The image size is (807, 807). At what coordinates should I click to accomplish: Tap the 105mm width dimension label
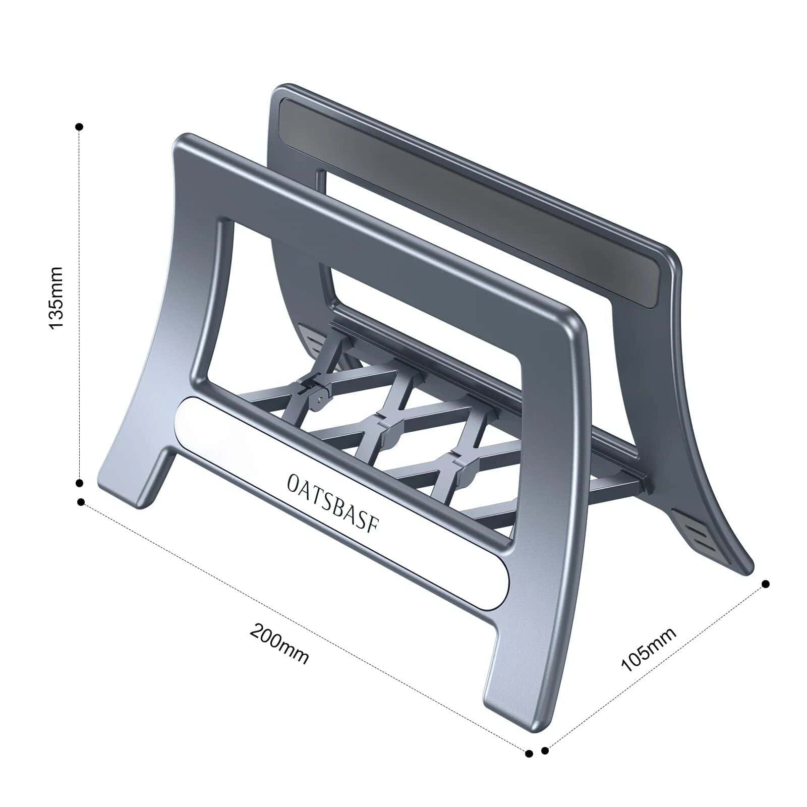click(649, 650)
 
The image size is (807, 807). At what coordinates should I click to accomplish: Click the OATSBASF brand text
click(333, 502)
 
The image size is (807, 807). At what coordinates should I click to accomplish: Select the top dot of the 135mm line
click(79, 127)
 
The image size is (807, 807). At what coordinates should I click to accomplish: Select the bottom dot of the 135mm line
click(79, 483)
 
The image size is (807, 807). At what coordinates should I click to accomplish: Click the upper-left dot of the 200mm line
click(81, 502)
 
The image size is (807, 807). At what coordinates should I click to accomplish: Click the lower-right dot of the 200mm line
click(529, 754)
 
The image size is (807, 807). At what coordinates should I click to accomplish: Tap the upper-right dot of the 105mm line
click(766, 584)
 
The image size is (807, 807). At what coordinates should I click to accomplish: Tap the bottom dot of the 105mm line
click(545, 751)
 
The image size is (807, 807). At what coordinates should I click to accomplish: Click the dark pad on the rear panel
click(469, 202)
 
